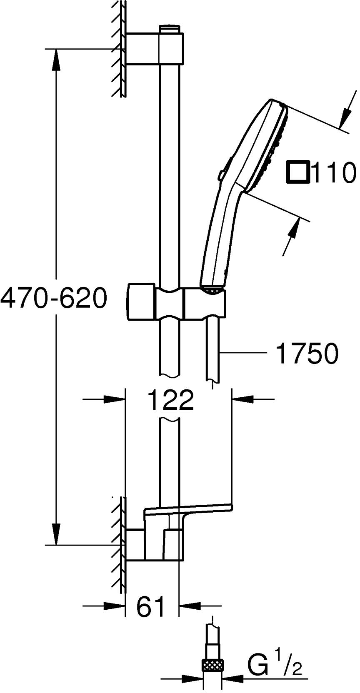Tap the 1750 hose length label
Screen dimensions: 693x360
(x=307, y=354)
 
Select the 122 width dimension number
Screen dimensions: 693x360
(x=171, y=400)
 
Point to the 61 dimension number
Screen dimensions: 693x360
(x=150, y=607)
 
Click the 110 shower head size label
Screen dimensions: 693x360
(x=334, y=173)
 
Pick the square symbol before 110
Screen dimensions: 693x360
(x=297, y=172)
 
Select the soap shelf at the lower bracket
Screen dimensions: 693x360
(x=187, y=509)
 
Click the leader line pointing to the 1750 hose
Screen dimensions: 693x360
(x=244, y=353)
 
